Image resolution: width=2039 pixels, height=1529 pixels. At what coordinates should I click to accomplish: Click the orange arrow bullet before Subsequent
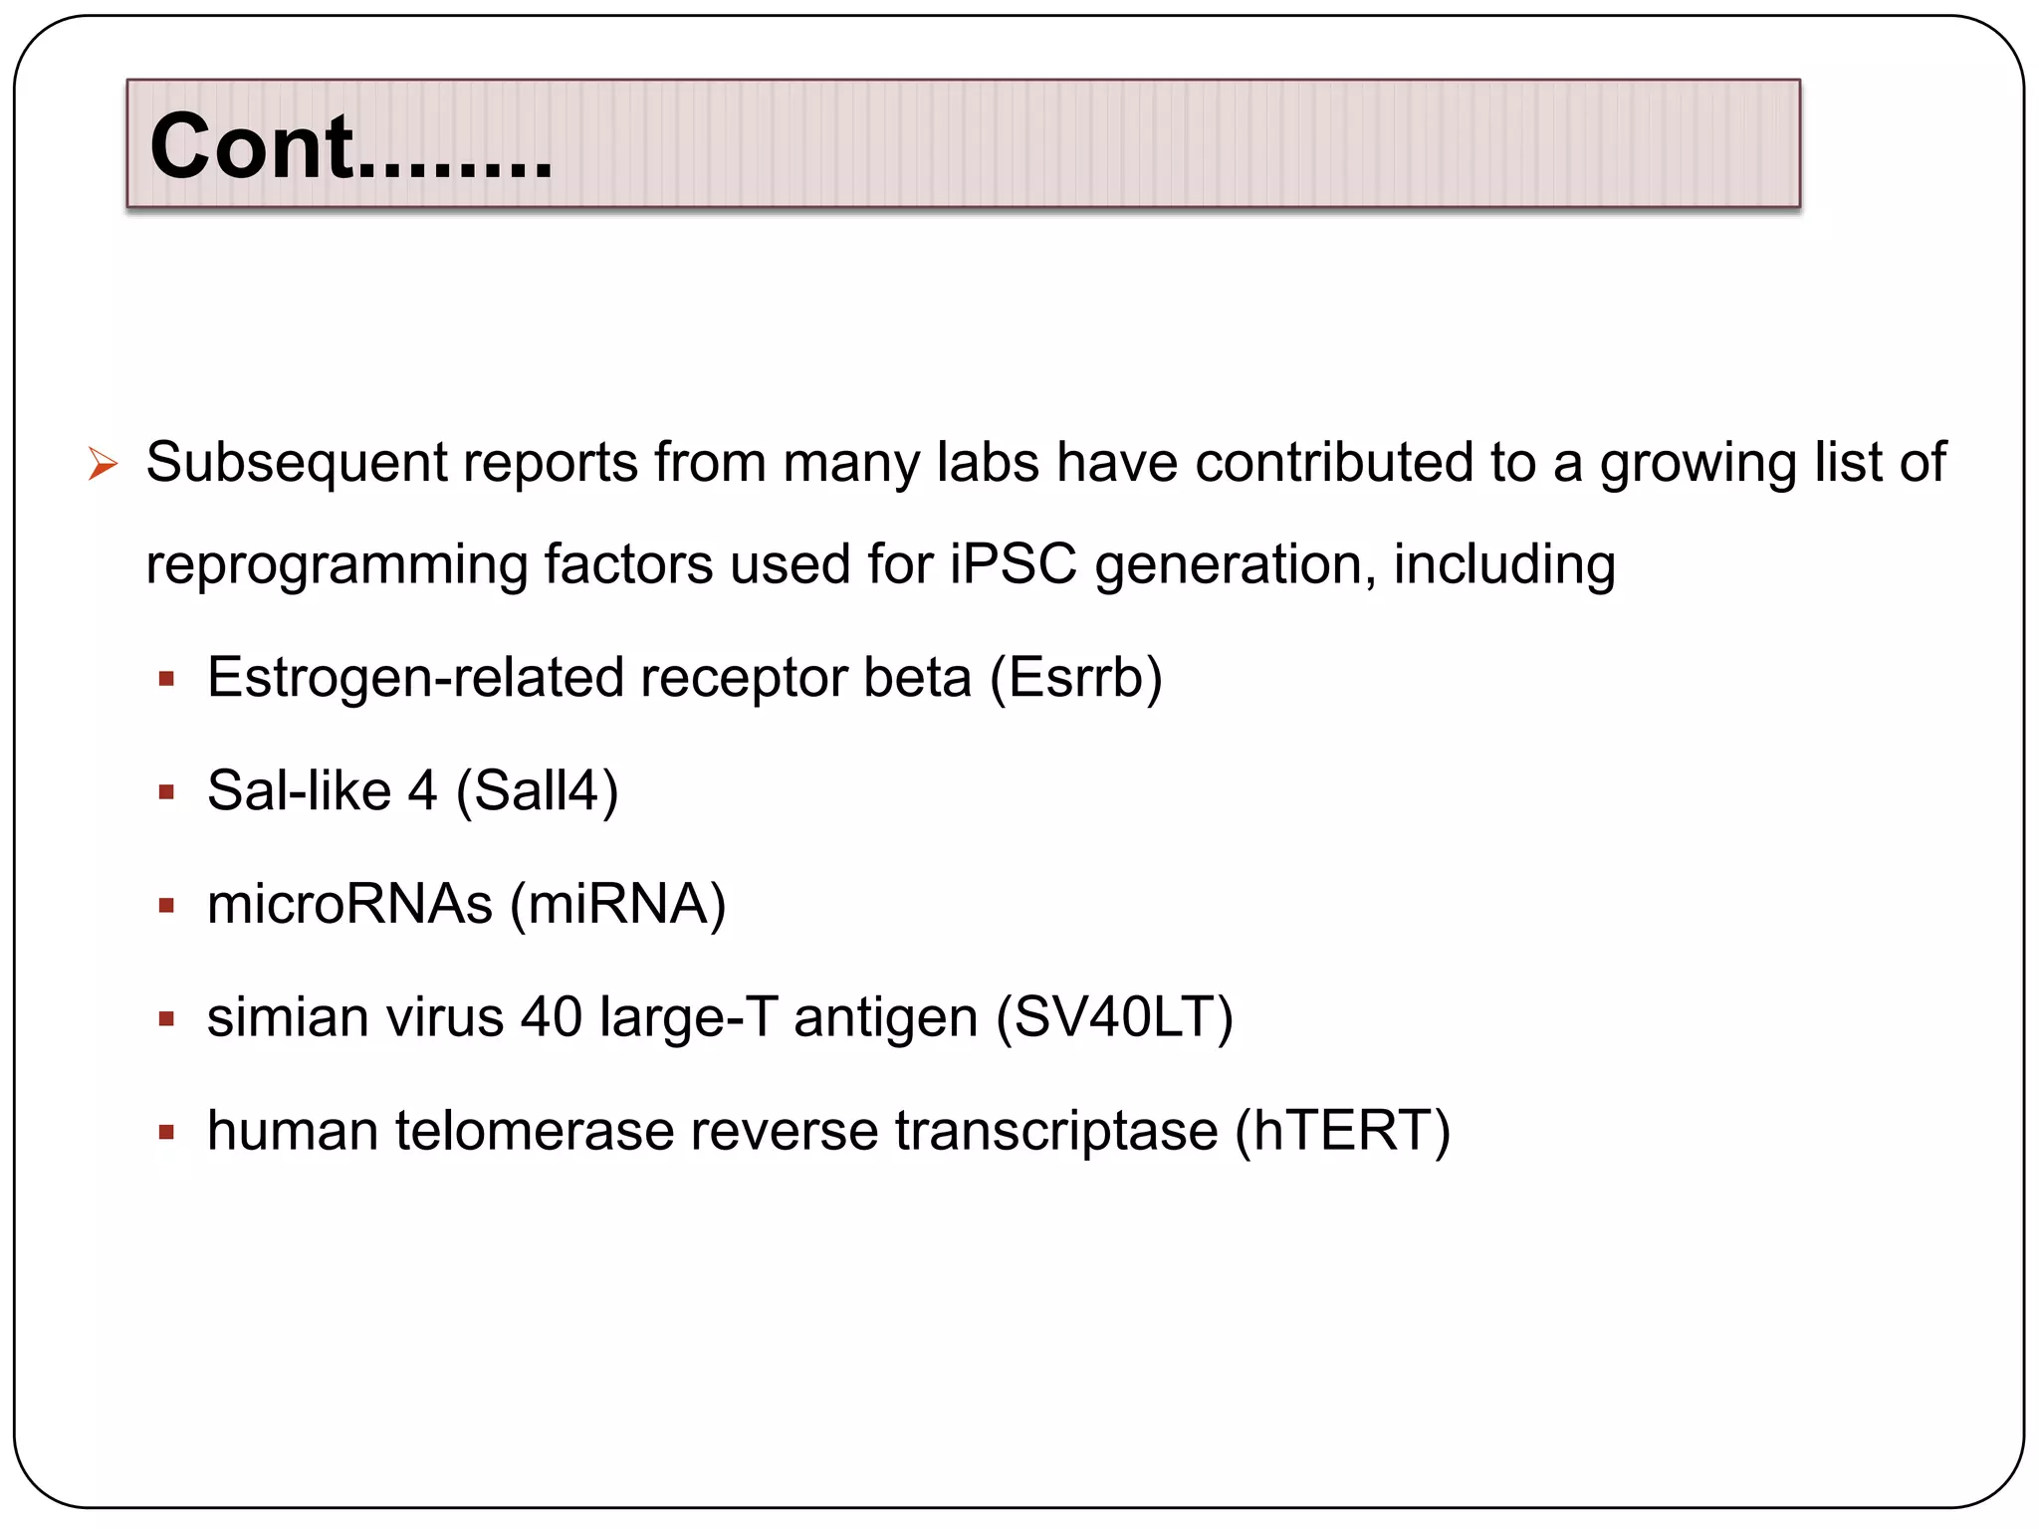[x=103, y=464]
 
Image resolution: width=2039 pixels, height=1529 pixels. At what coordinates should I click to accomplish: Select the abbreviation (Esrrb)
[x=1076, y=679]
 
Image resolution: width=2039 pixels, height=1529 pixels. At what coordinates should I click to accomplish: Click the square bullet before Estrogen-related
[x=166, y=680]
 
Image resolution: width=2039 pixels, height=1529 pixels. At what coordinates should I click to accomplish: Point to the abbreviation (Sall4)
[x=537, y=792]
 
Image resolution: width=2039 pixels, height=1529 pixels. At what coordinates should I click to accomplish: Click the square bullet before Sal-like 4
[x=166, y=793]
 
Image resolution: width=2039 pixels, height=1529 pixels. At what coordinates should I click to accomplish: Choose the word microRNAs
[x=349, y=904]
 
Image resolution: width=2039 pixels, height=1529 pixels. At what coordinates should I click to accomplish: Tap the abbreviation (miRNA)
[x=617, y=905]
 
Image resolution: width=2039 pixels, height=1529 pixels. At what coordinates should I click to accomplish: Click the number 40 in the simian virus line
[x=552, y=1017]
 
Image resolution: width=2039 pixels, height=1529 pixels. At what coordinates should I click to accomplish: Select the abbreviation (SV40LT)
[x=1115, y=1018]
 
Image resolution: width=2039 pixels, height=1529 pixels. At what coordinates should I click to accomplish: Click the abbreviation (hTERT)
[x=1342, y=1132]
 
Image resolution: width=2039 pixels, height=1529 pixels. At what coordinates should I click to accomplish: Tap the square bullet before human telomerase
[x=166, y=1133]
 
